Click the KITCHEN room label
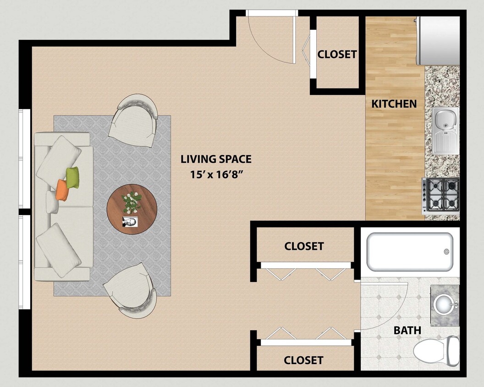pyautogui.click(x=394, y=104)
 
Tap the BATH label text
pyautogui.click(x=407, y=330)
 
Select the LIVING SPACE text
pyautogui.click(x=216, y=160)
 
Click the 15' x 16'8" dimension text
pyautogui.click(x=216, y=174)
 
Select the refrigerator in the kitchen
pyautogui.click(x=438, y=40)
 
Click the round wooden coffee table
pyautogui.click(x=132, y=209)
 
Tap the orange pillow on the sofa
pyautogui.click(x=63, y=190)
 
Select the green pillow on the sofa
pyautogui.click(x=72, y=177)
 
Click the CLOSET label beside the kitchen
pyautogui.click(x=337, y=54)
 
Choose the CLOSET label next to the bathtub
pyautogui.click(x=304, y=246)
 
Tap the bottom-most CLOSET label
pyautogui.click(x=303, y=360)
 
